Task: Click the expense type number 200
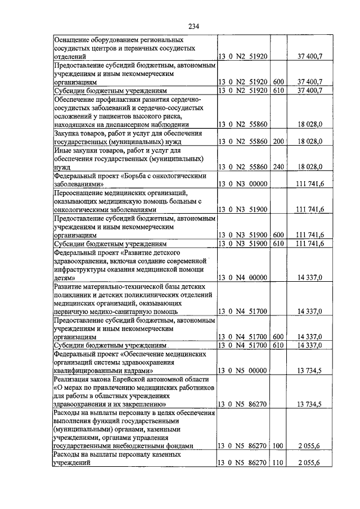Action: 278,142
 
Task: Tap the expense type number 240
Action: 278,167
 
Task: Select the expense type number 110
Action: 278,462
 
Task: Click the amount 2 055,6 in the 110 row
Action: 309,462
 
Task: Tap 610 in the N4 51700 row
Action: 278,345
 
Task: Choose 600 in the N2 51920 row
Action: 278,82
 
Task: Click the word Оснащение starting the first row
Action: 74,40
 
